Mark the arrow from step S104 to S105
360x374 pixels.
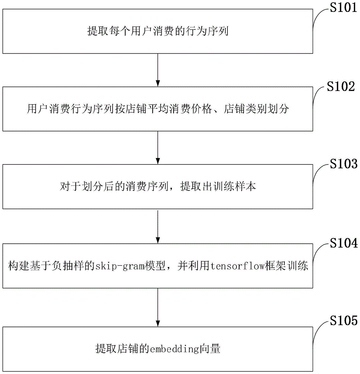[158, 303]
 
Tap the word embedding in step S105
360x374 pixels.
[174, 349]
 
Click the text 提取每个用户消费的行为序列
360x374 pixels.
[158, 31]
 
